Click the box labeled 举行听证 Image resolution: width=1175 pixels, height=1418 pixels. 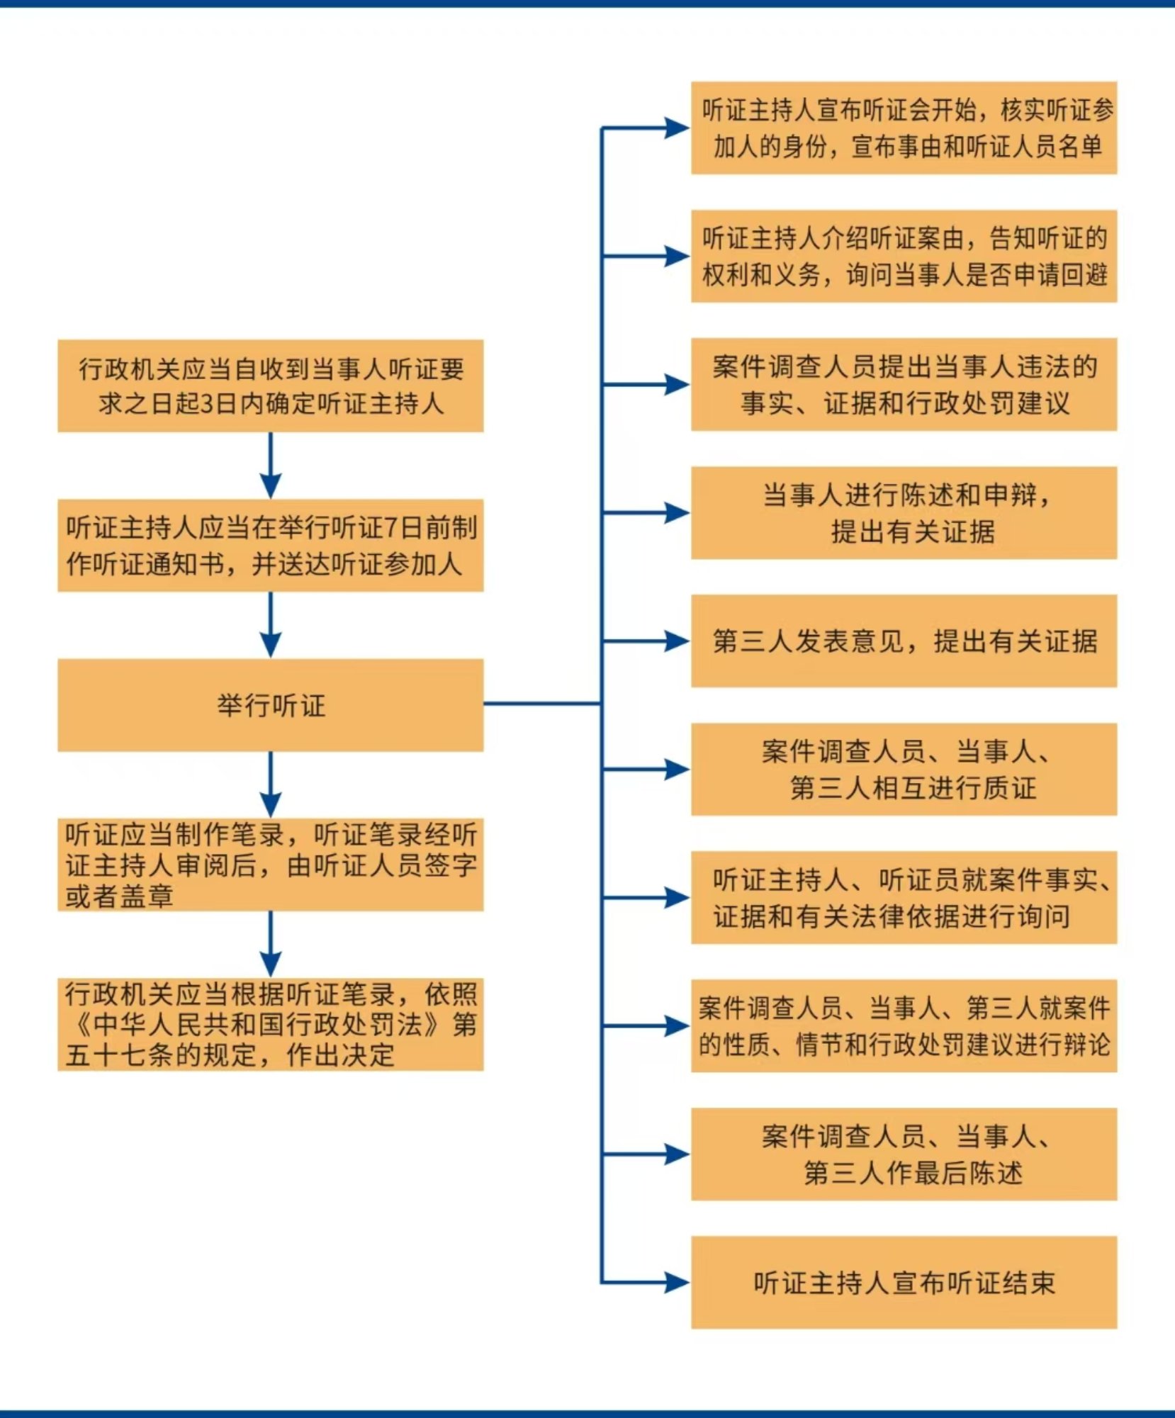(x=271, y=705)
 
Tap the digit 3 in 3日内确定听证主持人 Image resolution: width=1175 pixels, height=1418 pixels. (x=207, y=404)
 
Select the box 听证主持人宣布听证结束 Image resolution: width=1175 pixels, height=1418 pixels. (x=904, y=1282)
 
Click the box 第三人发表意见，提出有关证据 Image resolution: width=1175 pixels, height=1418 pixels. (x=904, y=641)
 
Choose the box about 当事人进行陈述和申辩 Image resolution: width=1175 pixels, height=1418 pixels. (x=904, y=512)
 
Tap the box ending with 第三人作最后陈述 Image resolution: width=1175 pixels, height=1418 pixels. (x=904, y=1154)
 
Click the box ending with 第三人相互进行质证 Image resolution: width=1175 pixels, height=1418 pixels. (x=904, y=769)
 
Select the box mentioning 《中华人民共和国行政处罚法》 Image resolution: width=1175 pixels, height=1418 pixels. (x=271, y=1024)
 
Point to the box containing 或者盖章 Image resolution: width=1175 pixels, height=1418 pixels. (x=271, y=865)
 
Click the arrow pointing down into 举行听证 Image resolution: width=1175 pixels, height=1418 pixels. (x=271, y=625)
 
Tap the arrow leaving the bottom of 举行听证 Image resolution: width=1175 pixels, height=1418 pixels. (x=271, y=784)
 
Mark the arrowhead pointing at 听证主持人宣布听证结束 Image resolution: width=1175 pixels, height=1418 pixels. (x=678, y=1282)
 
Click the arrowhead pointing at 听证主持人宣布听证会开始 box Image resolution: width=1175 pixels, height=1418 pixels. (x=678, y=128)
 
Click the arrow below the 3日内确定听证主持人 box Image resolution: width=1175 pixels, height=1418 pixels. (x=271, y=466)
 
